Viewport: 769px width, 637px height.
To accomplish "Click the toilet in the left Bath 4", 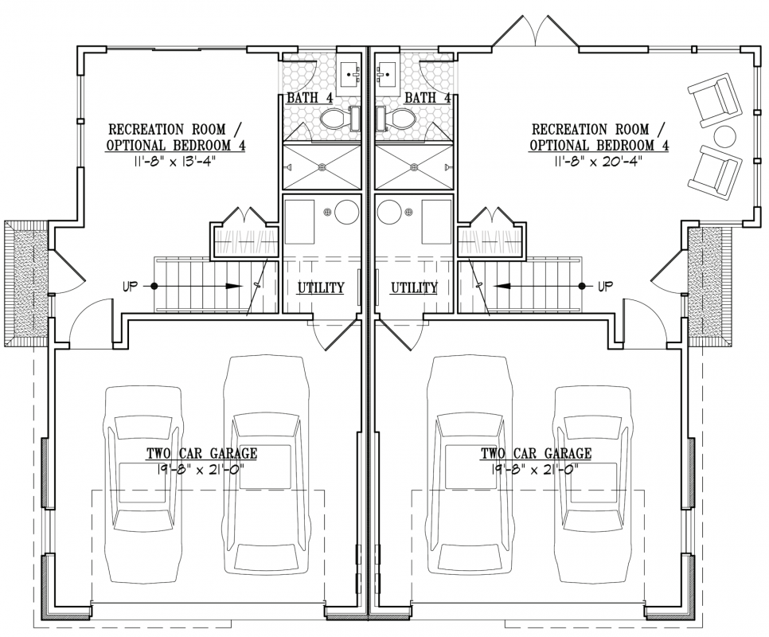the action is [339, 118].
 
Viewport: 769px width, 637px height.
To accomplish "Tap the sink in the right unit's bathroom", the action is [386, 75].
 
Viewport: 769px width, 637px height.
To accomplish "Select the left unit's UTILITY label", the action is [321, 287].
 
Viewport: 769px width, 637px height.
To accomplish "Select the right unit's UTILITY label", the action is [414, 287].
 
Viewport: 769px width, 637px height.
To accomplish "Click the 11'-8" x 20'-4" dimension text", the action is [599, 162].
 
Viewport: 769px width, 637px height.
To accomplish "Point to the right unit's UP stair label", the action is [606, 286].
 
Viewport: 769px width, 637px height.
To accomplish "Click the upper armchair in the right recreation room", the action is [714, 100].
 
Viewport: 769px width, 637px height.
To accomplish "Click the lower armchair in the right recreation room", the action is [714, 172].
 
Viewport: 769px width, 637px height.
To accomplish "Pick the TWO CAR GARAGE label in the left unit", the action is [201, 453].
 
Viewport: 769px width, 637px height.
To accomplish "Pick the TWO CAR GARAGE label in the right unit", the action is [536, 453].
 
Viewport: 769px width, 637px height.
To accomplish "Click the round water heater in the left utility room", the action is [347, 212].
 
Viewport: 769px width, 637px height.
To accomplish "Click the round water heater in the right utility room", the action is [388, 212].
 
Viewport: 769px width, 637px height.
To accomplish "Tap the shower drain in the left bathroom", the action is [322, 166].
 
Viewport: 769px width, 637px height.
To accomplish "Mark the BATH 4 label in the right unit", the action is [427, 98].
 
